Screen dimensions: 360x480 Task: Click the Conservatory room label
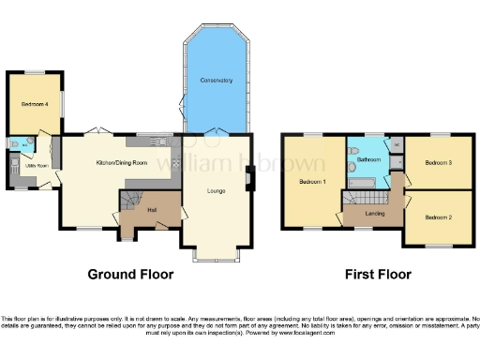point(216,81)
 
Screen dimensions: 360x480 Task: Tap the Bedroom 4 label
point(29,105)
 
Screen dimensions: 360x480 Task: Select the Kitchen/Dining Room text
point(122,163)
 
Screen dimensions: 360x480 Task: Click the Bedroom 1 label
point(312,181)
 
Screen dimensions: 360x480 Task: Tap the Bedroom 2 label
point(438,217)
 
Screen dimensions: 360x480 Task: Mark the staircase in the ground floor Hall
point(128,201)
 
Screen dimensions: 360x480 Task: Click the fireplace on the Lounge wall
point(248,178)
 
